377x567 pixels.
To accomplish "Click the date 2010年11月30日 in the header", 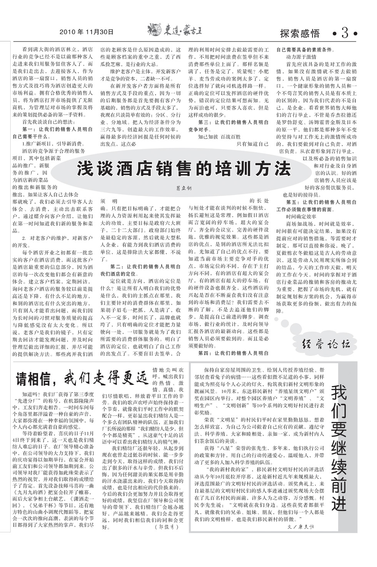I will tap(87, 32).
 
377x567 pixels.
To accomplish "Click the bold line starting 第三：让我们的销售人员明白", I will tap(233, 122).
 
